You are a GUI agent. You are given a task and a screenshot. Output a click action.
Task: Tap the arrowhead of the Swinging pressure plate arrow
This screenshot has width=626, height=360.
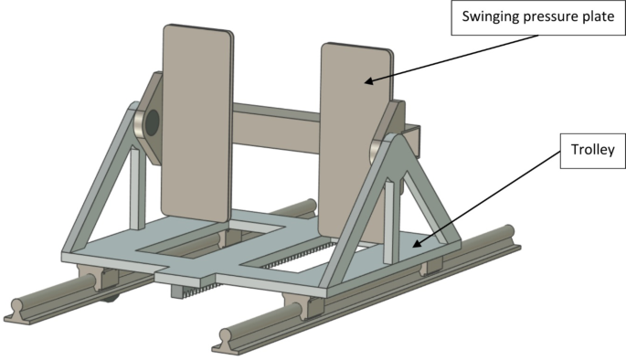click(x=367, y=83)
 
